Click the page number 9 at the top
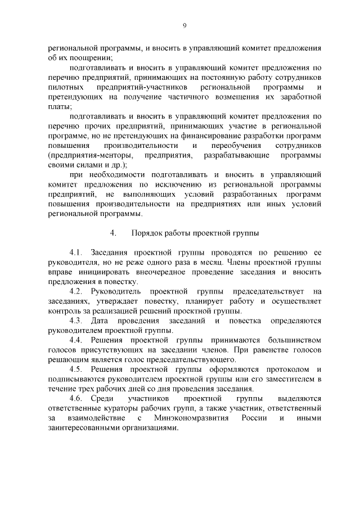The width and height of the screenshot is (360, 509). point(184,25)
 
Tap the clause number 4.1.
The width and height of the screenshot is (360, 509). point(76,252)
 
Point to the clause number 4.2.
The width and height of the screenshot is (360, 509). point(76,291)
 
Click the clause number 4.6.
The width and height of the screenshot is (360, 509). point(76,398)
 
